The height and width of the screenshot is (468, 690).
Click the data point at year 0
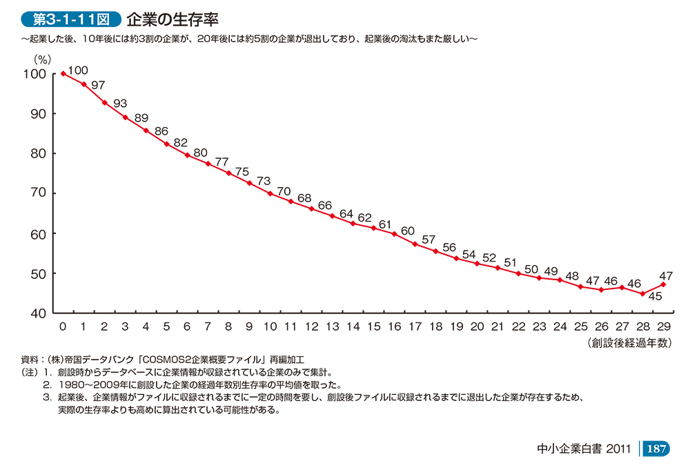click(63, 73)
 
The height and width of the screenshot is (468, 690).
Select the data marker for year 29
click(664, 284)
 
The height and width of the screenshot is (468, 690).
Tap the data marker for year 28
click(643, 293)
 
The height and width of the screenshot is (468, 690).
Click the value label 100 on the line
click(79, 70)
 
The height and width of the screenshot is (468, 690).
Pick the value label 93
click(120, 103)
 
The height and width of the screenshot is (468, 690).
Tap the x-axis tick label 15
click(374, 326)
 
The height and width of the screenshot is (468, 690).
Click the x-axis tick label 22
click(519, 326)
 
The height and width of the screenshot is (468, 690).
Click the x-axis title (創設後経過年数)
click(629, 342)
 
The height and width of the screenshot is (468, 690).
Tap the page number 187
click(655, 449)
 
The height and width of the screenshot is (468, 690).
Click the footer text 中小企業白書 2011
click(584, 449)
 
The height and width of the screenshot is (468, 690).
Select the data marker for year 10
click(270, 193)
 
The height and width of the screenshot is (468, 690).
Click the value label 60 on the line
click(407, 231)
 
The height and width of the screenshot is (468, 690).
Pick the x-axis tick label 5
click(166, 326)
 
